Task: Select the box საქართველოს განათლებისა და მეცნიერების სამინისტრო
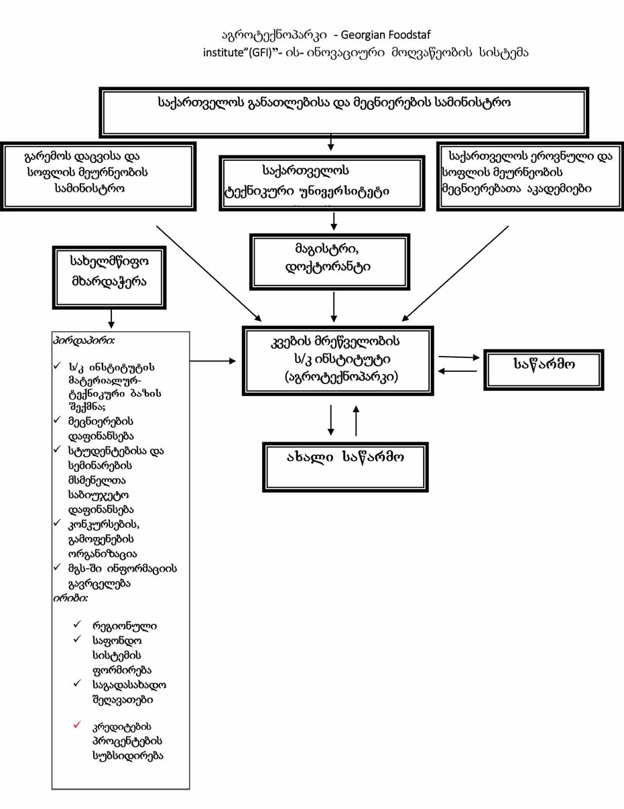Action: [x=344, y=113]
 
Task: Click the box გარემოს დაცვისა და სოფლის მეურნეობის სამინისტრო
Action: [x=99, y=176]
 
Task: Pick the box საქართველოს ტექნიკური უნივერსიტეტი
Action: [x=322, y=184]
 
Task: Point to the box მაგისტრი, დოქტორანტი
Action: [x=330, y=262]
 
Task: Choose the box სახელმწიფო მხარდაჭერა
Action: [x=109, y=277]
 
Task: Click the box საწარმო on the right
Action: [x=544, y=370]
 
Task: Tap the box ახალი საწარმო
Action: [x=345, y=467]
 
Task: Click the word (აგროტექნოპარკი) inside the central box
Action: [x=341, y=377]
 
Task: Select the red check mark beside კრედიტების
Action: [x=77, y=725]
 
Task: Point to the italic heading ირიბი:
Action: [x=70, y=599]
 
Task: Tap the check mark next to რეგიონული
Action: [x=77, y=624]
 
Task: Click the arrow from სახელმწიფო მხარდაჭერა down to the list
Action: [x=111, y=318]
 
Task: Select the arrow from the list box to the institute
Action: [x=213, y=361]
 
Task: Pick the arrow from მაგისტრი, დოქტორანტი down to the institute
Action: [x=334, y=307]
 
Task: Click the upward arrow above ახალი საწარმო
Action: [x=356, y=421]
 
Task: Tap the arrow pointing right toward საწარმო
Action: [x=459, y=357]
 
